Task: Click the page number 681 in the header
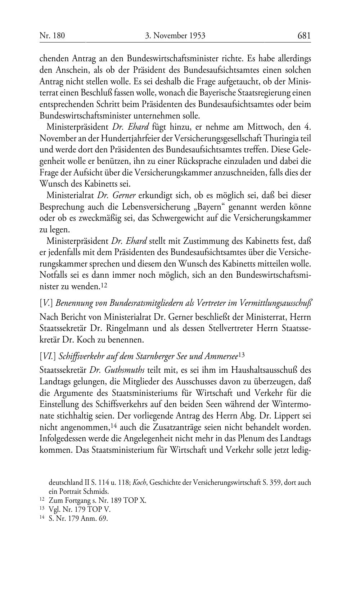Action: [304, 36]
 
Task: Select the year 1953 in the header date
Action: [196, 36]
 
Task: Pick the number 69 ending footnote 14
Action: [104, 519]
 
